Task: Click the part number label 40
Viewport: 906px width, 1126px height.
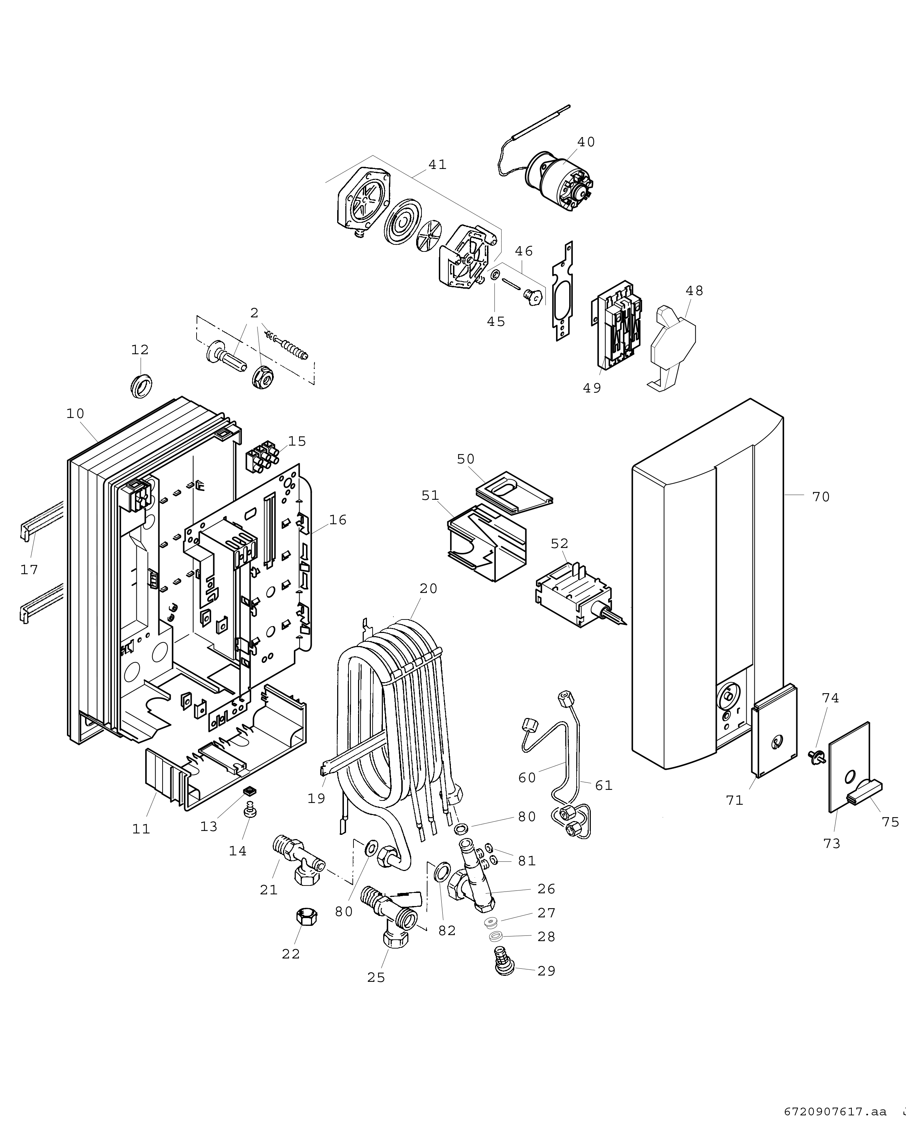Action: (586, 142)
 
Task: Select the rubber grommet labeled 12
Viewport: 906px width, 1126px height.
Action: (140, 385)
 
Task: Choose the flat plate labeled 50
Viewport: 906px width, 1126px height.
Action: (514, 491)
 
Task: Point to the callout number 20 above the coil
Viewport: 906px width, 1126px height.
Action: (428, 589)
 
